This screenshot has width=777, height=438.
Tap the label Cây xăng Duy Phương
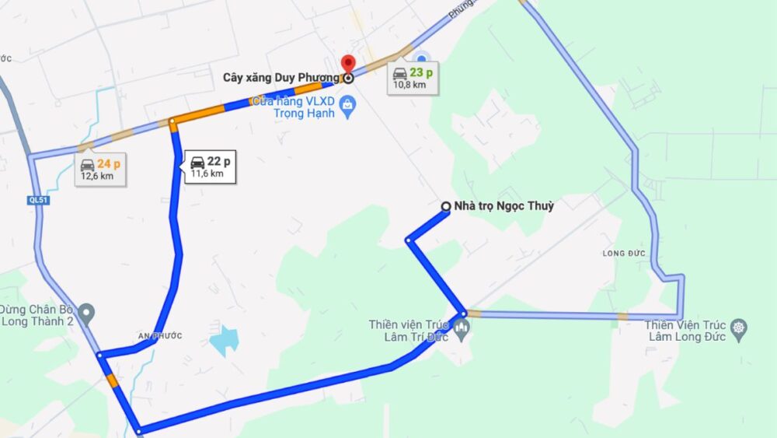[x=280, y=78]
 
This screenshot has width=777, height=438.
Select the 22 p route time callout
[x=210, y=166]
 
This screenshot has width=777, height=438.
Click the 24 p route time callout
[x=101, y=169]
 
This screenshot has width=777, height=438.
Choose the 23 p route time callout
[x=413, y=78]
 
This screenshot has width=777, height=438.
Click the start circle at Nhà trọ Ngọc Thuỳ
[x=446, y=206]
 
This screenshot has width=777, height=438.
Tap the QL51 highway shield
[x=37, y=200]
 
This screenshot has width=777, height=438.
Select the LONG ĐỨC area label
[x=623, y=254]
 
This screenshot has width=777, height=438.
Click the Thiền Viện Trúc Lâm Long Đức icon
[x=739, y=327]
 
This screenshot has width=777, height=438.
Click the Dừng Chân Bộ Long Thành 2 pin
[x=86, y=314]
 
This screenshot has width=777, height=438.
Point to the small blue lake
[x=225, y=340]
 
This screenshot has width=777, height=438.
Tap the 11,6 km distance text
[x=207, y=174]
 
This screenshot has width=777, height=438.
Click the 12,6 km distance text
[x=97, y=177]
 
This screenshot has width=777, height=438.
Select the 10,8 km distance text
[x=409, y=85]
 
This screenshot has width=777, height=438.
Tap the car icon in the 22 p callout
[x=197, y=162]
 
